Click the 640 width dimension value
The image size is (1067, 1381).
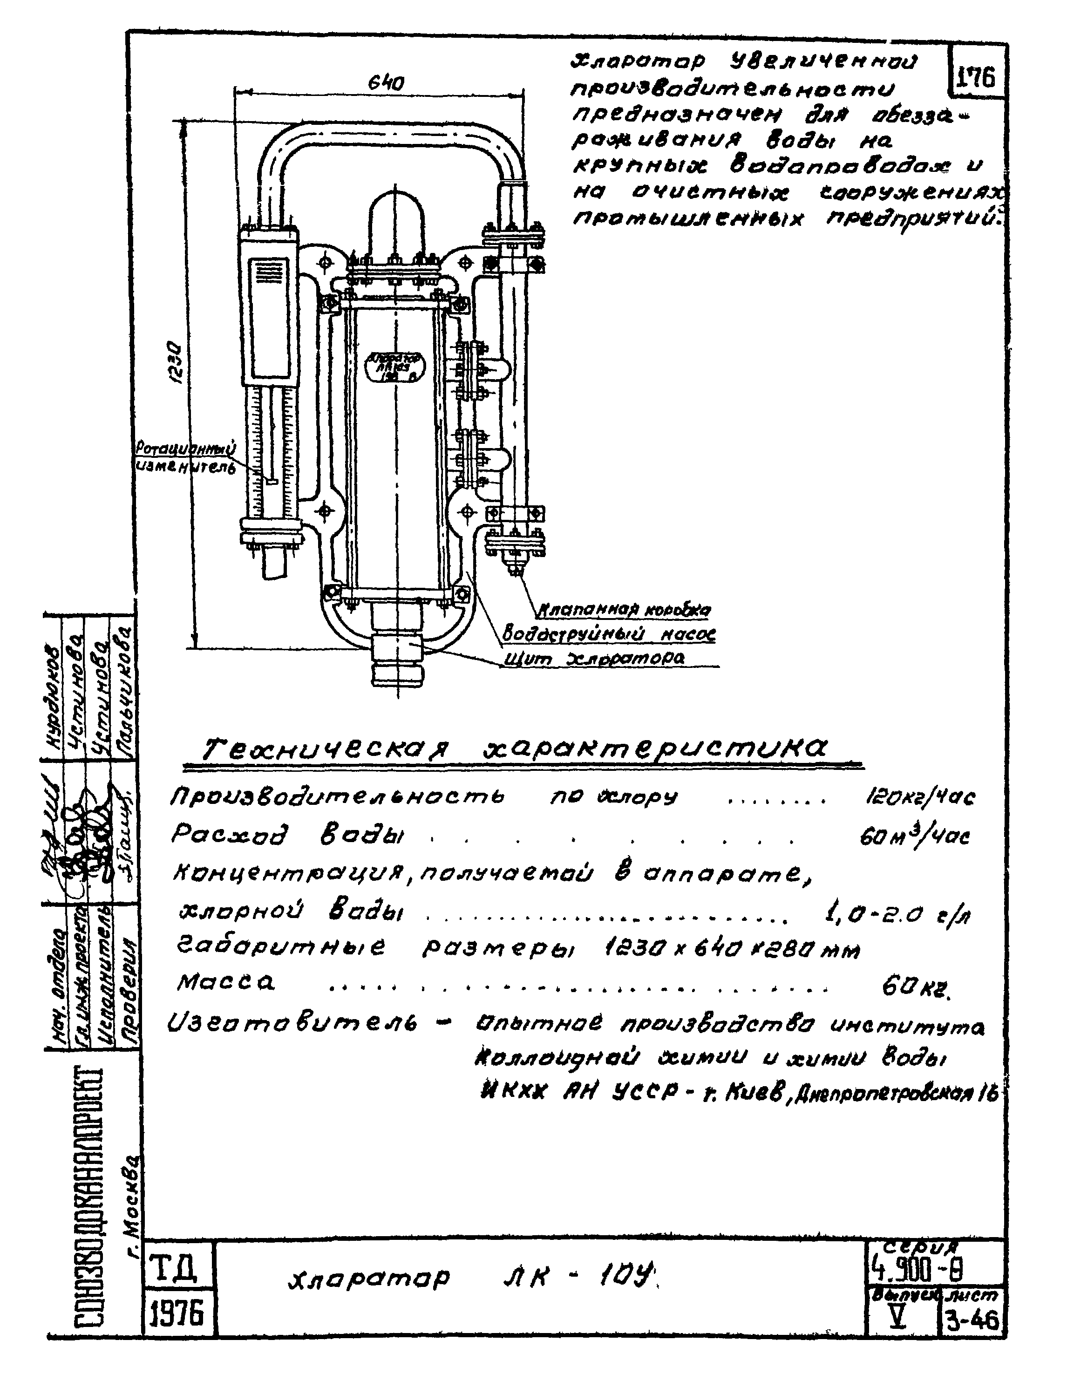point(386,83)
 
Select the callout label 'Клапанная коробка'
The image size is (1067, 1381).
point(623,610)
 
